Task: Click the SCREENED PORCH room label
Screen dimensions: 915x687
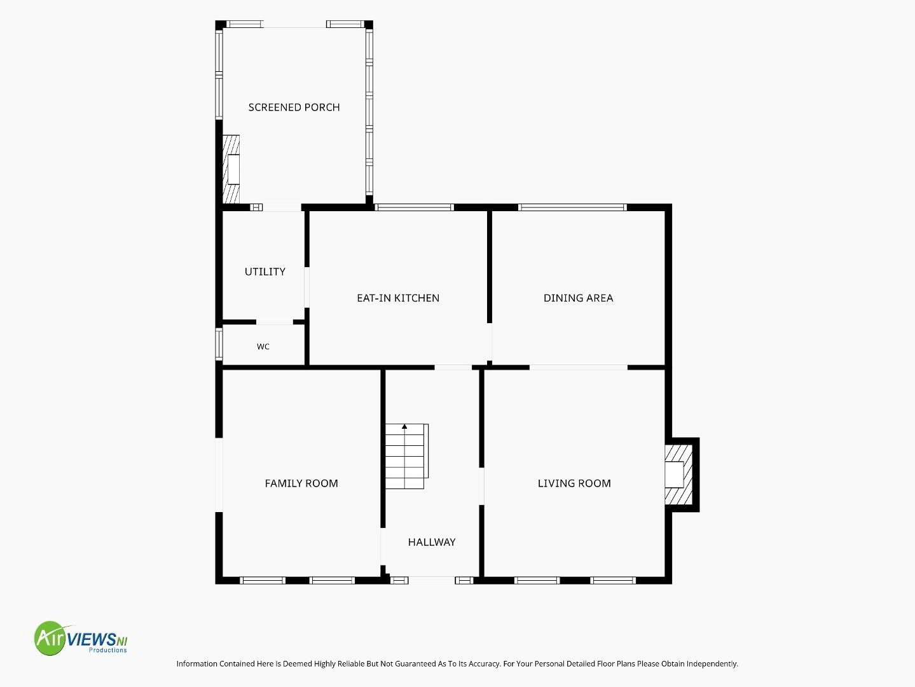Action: click(294, 108)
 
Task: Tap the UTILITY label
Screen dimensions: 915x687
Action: click(265, 272)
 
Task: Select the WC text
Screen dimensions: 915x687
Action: click(263, 347)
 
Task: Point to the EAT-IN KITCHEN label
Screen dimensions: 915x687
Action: click(398, 298)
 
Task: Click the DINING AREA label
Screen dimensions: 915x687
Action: click(578, 298)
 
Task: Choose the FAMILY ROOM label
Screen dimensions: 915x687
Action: click(301, 483)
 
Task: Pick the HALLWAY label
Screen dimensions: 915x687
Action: click(432, 542)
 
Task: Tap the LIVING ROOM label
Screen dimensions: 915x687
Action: click(574, 483)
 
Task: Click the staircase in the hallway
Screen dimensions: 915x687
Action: click(406, 456)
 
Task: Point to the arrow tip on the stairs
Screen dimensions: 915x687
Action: click(404, 424)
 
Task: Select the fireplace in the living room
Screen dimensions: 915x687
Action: click(678, 475)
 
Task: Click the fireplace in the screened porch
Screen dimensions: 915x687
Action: click(231, 169)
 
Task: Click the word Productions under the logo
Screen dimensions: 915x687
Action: click(107, 650)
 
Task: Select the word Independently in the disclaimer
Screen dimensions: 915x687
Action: click(712, 663)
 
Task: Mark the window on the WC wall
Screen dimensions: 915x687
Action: click(219, 344)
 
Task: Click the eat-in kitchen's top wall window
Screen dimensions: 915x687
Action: click(414, 207)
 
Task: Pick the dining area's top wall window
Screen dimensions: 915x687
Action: click(572, 207)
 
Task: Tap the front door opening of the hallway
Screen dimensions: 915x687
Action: click(432, 580)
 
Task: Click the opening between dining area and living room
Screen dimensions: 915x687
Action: click(579, 367)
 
